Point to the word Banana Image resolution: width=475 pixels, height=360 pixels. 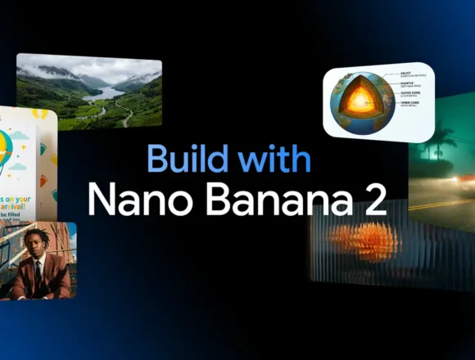(x=261, y=199)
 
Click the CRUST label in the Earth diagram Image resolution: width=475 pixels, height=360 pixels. (x=406, y=74)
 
